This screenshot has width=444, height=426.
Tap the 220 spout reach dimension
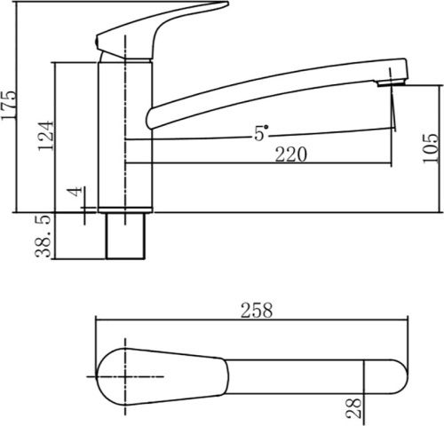pyautogui.click(x=290, y=154)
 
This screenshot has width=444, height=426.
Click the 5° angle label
pyautogui.click(x=261, y=133)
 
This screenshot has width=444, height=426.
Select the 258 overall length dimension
pyautogui.click(x=256, y=311)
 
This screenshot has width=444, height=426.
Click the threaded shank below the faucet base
pyautogui.click(x=125, y=236)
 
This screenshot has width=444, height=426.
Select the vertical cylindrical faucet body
pyautogui.click(x=125, y=133)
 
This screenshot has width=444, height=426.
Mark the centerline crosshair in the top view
pyautogui.click(x=122, y=376)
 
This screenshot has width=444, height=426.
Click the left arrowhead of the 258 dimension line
pyautogui.click(x=99, y=322)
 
